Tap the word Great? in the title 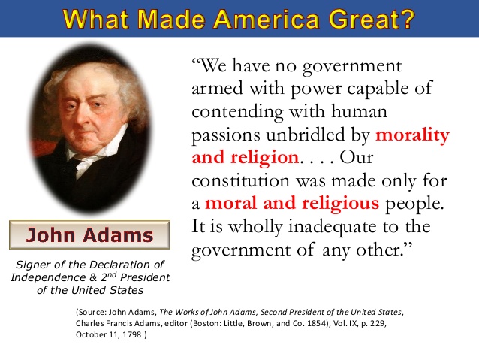click(x=372, y=19)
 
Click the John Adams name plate click(x=89, y=234)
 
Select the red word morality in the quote click(x=412, y=135)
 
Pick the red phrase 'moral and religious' click(x=292, y=204)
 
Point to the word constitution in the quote click(x=240, y=181)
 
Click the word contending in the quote click(x=238, y=112)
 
